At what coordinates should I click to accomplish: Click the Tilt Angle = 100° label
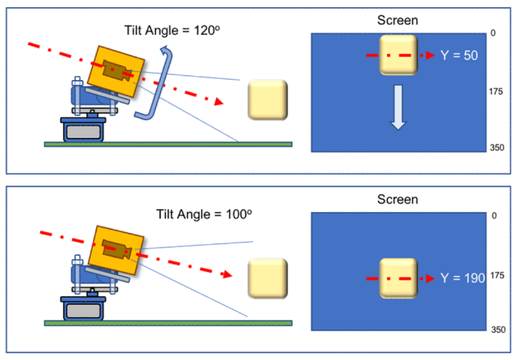pyautogui.click(x=203, y=215)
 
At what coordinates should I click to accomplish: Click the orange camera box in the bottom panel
pyautogui.click(x=118, y=249)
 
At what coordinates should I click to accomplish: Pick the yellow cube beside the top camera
pyautogui.click(x=268, y=100)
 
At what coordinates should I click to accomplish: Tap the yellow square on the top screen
pyautogui.click(x=398, y=55)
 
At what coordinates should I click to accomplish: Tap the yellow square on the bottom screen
pyautogui.click(x=398, y=278)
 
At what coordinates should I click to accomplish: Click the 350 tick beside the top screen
pyautogui.click(x=496, y=148)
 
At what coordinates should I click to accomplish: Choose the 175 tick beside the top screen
pyautogui.click(x=496, y=92)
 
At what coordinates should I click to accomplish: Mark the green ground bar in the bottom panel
pyautogui.click(x=168, y=323)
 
